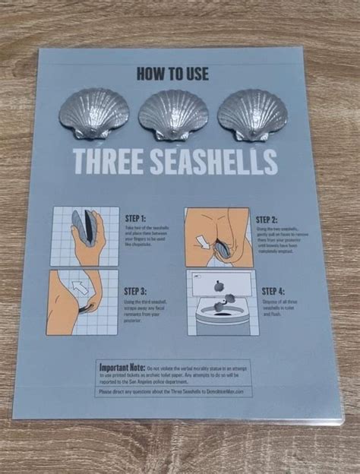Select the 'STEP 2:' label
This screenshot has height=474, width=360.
click(x=270, y=218)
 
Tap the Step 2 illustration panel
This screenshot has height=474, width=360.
click(x=217, y=236)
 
